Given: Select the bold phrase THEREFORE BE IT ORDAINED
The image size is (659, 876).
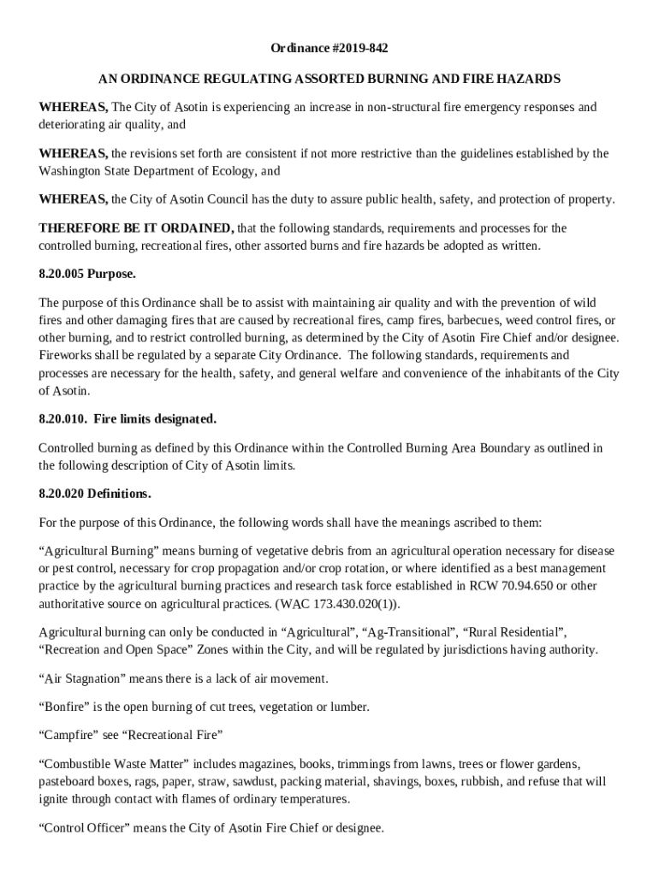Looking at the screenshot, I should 136,228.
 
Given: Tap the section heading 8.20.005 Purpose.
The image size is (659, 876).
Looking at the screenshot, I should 87,275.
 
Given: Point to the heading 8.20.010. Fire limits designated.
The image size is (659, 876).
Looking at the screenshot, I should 128,418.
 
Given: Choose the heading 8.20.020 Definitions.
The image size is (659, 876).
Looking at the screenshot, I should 95,494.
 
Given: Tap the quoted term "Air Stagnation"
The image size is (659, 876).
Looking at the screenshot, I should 84,678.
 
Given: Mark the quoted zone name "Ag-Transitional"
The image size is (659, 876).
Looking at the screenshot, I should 407,632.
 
